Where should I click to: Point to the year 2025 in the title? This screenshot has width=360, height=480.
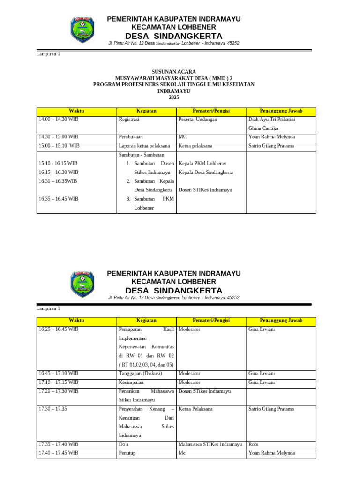pyautogui.click(x=173, y=97)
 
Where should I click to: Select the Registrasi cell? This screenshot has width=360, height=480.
pyautogui.click(x=129, y=120)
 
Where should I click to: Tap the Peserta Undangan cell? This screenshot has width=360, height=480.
pyautogui.click(x=198, y=120)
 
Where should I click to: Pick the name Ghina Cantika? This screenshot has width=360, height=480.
pyautogui.click(x=263, y=128)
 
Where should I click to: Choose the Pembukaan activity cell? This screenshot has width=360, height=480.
pyautogui.click(x=131, y=137)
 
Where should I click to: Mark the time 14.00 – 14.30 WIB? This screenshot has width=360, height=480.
pyautogui.click(x=59, y=120)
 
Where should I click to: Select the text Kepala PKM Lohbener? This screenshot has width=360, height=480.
pyautogui.click(x=202, y=164)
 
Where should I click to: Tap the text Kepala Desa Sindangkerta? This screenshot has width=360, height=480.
pyautogui.click(x=206, y=172)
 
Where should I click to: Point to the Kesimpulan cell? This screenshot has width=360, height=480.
pyautogui.click(x=132, y=382)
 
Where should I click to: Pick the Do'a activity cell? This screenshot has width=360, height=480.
pyautogui.click(x=124, y=444)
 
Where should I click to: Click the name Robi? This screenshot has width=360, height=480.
pyautogui.click(x=254, y=444)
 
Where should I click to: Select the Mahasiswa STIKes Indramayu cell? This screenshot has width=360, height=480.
pyautogui.click(x=210, y=444)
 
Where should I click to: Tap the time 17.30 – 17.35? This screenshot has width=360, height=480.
pyautogui.click(x=53, y=409)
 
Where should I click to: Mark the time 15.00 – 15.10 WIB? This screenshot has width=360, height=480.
pyautogui.click(x=59, y=146)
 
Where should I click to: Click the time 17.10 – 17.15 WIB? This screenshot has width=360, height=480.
pyautogui.click(x=59, y=382)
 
